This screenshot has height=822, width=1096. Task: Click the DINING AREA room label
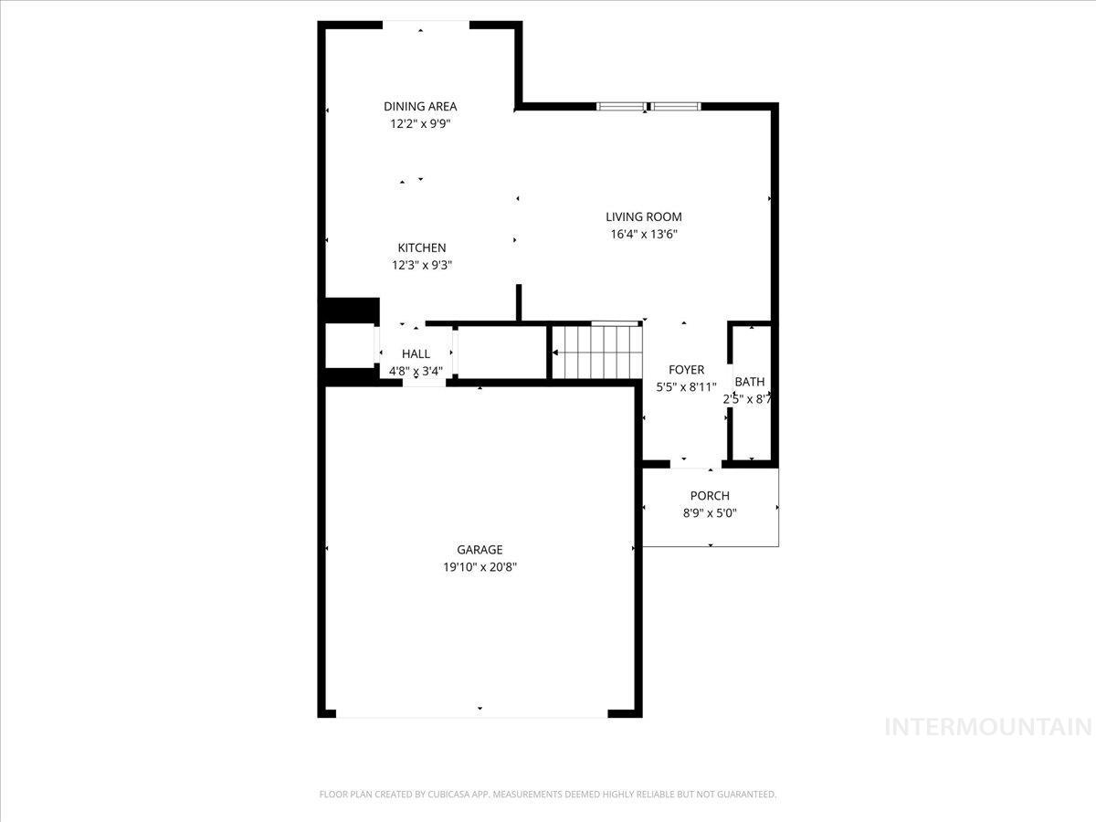420,107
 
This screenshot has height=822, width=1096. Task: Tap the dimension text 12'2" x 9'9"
420,124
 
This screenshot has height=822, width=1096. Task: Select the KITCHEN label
422,248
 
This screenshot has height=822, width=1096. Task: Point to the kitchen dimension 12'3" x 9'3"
422,266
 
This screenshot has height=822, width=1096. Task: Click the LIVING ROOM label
644,216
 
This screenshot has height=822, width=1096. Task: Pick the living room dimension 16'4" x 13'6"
644,234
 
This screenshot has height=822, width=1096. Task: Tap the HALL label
416,353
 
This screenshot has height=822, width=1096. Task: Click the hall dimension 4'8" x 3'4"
416,371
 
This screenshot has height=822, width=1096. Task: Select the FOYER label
687,370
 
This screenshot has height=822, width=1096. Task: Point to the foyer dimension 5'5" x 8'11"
687,387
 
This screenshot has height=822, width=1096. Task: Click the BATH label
750,382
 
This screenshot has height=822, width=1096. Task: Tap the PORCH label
710,496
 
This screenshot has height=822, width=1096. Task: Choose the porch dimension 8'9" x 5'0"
710,513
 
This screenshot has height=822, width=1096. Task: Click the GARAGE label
479,550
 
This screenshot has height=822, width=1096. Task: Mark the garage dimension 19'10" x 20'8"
479,567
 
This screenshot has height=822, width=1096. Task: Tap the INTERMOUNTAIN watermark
989,728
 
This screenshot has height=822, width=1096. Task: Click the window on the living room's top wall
648,107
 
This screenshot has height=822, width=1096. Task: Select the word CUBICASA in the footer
453,795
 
